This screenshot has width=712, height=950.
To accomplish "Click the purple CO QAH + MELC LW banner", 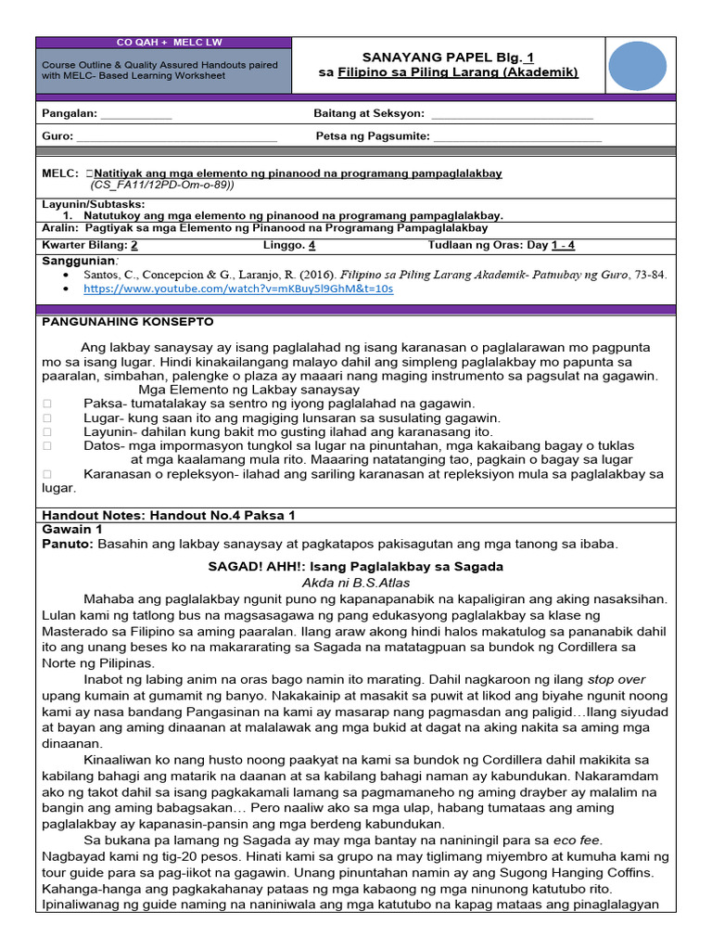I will click(163, 43).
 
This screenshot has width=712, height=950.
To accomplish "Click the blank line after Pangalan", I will click(136, 114).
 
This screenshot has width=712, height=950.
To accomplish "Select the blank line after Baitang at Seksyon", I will click(512, 114).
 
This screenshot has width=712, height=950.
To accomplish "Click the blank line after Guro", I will click(176, 137).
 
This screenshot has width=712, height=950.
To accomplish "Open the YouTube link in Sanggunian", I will click(238, 289).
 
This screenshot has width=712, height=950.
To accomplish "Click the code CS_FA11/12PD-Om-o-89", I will click(160, 185).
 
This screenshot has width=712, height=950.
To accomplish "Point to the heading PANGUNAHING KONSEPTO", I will click(128, 322).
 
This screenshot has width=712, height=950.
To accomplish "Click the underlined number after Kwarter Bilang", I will click(134, 246).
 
